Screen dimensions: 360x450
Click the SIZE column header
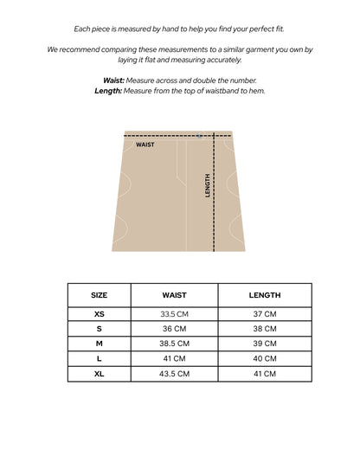pos(100,295)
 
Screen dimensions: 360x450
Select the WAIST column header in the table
pos(174,295)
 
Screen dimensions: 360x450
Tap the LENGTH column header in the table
pos(264,295)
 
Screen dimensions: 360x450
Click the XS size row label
pos(100,314)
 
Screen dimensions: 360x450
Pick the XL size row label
pos(100,373)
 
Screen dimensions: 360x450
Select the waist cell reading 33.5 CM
pos(174,314)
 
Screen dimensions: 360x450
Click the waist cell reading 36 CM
pos(174,329)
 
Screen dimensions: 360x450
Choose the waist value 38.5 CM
pos(174,344)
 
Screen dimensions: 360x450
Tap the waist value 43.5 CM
pos(174,373)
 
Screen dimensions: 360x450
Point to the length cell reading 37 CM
pos(264,314)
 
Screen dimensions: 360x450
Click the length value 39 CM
pos(264,344)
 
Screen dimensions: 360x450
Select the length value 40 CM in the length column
pos(264,358)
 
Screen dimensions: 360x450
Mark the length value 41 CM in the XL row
pos(264,373)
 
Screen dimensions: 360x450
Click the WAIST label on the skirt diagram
pos(145,145)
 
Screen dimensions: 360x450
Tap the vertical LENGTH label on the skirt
pos(208,185)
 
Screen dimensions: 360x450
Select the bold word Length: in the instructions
pos(108,90)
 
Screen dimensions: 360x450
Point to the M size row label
pos(100,344)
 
